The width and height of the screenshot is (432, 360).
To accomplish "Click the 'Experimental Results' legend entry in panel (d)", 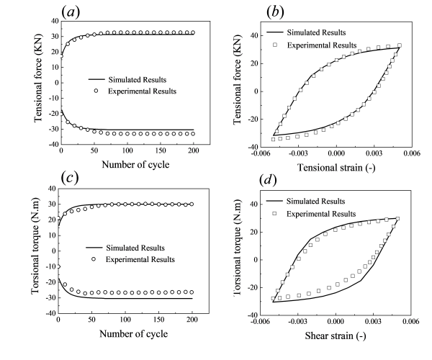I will point(320,214).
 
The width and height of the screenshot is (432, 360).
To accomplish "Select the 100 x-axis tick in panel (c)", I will point(127,321).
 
